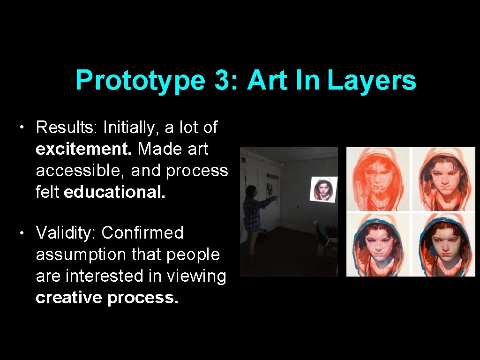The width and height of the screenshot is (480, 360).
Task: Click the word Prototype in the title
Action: tap(140, 81)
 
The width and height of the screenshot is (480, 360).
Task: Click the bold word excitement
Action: tap(84, 149)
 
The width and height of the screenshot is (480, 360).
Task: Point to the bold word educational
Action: tap(114, 192)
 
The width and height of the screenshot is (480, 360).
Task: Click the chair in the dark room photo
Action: tap(324, 237)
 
